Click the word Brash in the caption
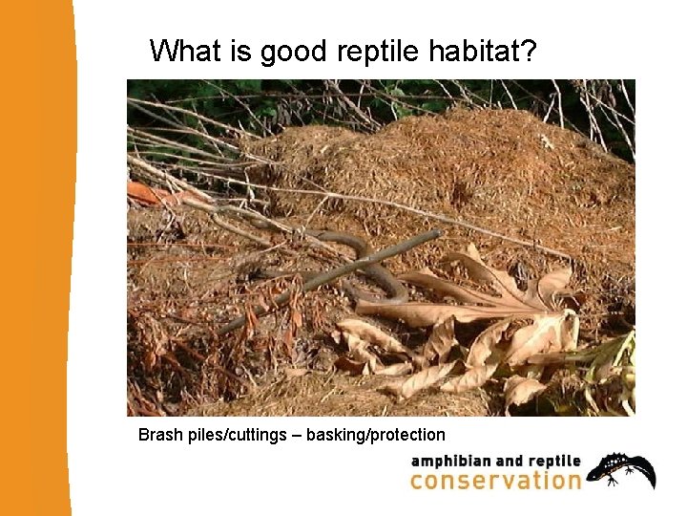(160, 435)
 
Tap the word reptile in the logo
(553, 462)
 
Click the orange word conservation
(495, 480)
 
